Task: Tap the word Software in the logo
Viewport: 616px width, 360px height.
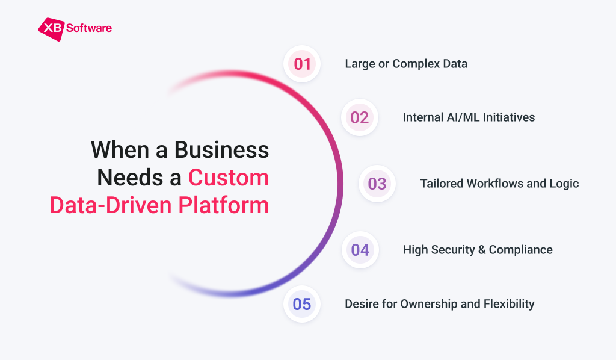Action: pos(89,28)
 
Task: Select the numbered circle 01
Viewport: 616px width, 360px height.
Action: pos(302,64)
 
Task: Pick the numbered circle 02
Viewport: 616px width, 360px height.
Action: pos(359,117)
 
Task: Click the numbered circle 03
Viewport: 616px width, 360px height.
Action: pos(377,184)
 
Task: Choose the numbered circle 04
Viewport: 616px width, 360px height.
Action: pos(360,250)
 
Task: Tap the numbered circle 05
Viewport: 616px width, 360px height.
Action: pos(302,304)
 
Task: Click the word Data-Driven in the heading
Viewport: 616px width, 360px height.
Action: pos(111,205)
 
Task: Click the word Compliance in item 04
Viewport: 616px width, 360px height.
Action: pos(520,250)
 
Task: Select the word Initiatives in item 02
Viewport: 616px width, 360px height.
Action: pos(511,117)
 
